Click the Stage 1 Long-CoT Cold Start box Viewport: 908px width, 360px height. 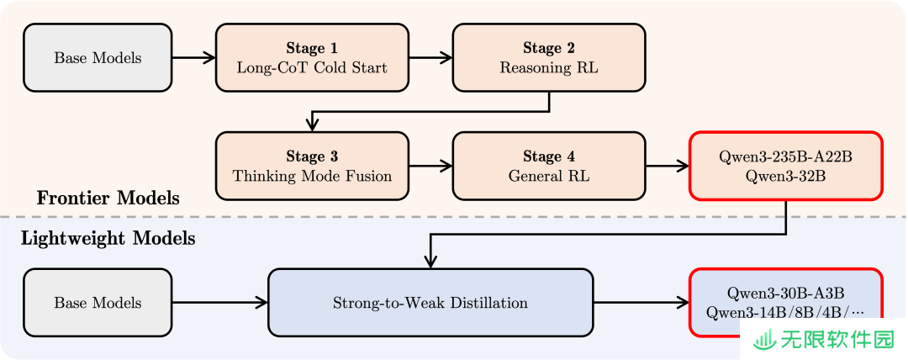312,57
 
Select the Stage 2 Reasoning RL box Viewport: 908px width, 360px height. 549,57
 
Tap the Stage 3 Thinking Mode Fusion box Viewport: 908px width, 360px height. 312,166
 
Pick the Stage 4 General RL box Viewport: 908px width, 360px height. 549,166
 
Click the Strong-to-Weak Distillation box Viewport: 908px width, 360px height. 430,303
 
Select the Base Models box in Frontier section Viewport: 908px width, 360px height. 98,57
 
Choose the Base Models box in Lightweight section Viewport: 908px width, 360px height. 98,303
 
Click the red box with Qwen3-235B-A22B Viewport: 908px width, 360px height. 786,166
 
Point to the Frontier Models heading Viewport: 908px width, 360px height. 108,199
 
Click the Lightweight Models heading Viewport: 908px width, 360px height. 108,238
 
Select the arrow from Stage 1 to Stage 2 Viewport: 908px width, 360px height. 430,57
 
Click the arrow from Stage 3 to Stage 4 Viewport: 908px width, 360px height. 430,166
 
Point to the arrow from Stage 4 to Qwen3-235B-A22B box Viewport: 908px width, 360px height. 668,166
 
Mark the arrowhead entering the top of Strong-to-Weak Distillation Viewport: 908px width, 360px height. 430,262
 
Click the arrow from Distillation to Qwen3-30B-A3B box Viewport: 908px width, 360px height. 641,303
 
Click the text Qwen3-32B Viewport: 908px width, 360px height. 786,177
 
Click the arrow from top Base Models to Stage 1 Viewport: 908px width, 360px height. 194,57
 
